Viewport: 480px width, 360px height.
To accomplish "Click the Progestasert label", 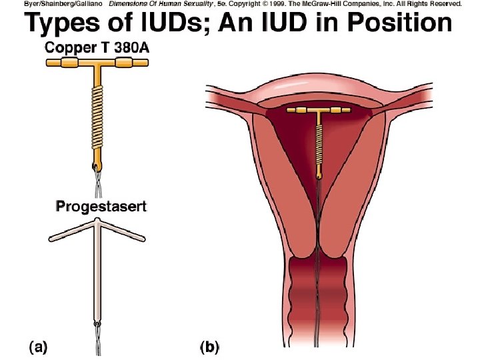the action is [101, 206].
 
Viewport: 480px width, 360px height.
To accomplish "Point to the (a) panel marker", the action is [37, 347].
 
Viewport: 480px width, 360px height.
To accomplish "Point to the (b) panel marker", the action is [209, 347].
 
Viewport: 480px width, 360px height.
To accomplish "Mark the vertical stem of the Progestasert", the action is [97, 280].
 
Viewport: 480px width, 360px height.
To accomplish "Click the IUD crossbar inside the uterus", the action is [319, 109].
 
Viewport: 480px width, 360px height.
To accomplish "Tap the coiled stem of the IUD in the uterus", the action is [319, 143].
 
